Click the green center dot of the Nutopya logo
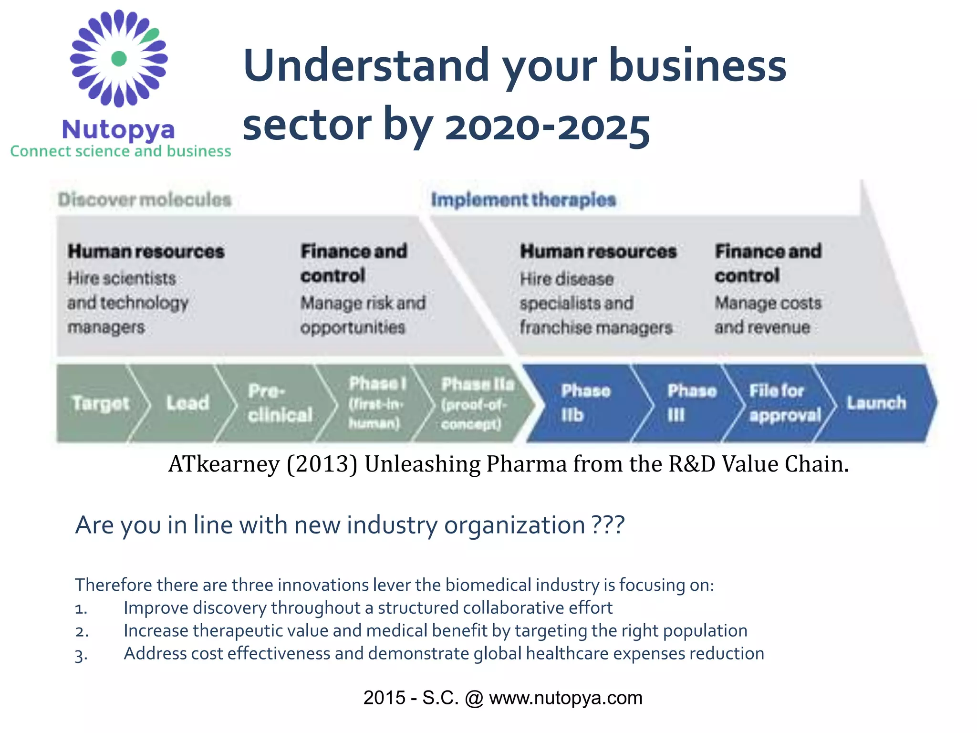click(x=119, y=58)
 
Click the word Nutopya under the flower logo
click(x=118, y=129)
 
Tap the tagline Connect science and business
click(x=121, y=151)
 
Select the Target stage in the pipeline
click(x=100, y=403)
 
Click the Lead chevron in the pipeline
click(x=187, y=403)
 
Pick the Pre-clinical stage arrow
click(x=280, y=403)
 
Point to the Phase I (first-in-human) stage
click(x=376, y=403)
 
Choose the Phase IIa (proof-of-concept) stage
click(x=477, y=403)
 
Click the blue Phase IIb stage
click(x=585, y=403)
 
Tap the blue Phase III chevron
click(x=691, y=403)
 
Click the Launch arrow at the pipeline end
click(x=876, y=403)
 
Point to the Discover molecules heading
click(x=145, y=199)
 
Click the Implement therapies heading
click(x=523, y=199)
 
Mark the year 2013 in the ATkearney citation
click(x=322, y=464)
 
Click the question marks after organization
click(x=608, y=525)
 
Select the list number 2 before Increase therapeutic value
click(x=82, y=632)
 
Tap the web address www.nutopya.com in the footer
click(x=565, y=698)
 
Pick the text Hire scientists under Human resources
click(x=122, y=278)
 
